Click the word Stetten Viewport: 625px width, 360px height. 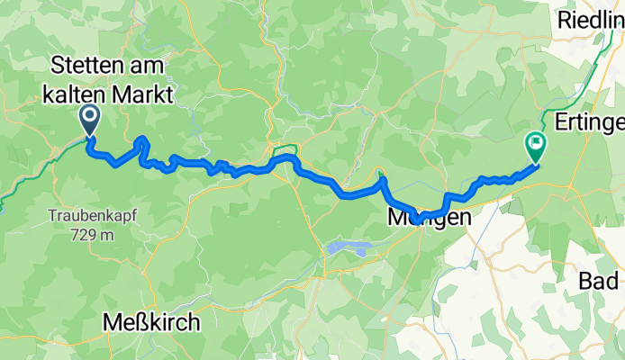[x=91, y=65]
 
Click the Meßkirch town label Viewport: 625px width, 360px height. [x=150, y=321]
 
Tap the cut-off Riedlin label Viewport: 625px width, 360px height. [x=591, y=18]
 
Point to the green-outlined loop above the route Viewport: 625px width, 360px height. [x=284, y=148]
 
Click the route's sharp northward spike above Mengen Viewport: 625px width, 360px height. [x=383, y=177]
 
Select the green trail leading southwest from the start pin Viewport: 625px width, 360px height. [x=36, y=171]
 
